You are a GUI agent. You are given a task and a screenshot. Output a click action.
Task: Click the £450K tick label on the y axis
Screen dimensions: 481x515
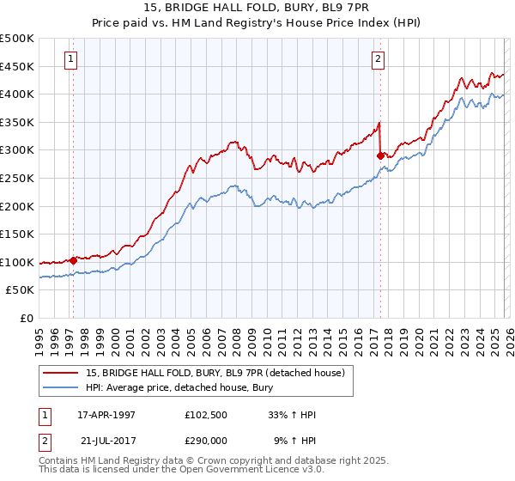coord(17,66)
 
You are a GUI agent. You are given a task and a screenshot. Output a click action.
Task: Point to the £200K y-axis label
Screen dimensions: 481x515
coord(17,206)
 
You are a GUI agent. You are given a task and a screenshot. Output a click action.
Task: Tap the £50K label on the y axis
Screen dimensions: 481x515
coord(21,290)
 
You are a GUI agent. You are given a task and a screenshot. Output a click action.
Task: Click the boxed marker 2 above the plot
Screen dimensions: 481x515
coord(378,59)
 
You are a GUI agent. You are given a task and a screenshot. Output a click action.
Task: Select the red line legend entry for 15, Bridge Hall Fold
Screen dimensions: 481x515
coord(215,373)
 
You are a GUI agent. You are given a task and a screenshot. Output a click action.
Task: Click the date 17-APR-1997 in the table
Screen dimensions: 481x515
coord(106,415)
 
